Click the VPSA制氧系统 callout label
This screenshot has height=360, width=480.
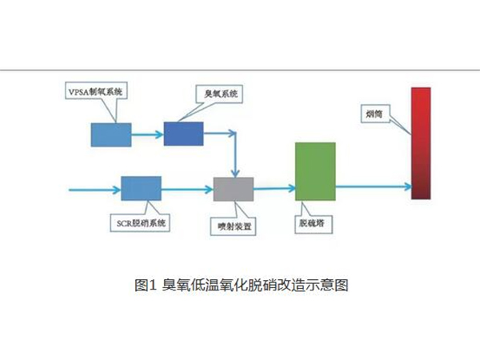(97, 90)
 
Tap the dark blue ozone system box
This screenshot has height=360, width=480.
(183, 134)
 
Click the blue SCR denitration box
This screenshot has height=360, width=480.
(141, 189)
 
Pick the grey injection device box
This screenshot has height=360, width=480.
(234, 189)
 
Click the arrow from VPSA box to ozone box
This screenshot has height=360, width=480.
(146, 134)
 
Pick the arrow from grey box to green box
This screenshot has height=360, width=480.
(274, 189)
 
